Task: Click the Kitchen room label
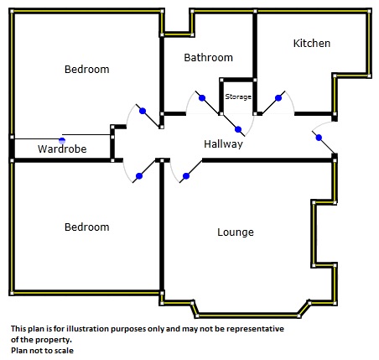[x=312, y=44]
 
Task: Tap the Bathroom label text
[x=208, y=58]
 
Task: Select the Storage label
[x=238, y=97]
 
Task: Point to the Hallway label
[x=223, y=144]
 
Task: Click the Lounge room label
[x=236, y=232]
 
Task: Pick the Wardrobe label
[x=62, y=149]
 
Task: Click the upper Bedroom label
[x=86, y=70]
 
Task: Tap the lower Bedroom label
[x=86, y=227]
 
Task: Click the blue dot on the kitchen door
[x=278, y=98]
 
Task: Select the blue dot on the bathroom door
[x=202, y=98]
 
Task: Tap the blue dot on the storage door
[x=238, y=129]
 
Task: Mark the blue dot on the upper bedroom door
[x=143, y=111]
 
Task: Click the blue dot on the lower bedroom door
[x=139, y=176]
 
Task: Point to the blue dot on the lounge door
[x=186, y=176]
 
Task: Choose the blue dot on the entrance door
[x=319, y=138]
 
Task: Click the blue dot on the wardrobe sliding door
[x=62, y=141]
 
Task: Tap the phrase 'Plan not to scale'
[x=42, y=351]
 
